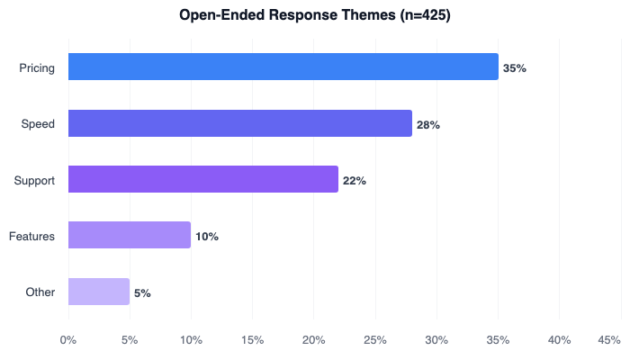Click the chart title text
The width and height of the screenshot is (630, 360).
pyautogui.click(x=314, y=15)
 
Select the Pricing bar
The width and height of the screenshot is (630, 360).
pyautogui.click(x=283, y=67)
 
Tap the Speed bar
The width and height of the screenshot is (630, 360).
pyautogui.click(x=239, y=123)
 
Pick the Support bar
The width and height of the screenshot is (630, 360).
pyautogui.click(x=202, y=179)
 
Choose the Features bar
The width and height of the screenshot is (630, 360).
pyautogui.click(x=129, y=236)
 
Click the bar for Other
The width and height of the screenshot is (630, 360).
pyautogui.click(x=98, y=292)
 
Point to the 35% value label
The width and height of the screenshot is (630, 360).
pyautogui.click(x=515, y=68)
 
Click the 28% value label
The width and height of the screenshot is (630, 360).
pyautogui.click(x=428, y=124)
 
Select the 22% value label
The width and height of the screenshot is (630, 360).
pyautogui.click(x=355, y=181)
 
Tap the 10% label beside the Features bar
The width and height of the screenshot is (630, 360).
pyautogui.click(x=207, y=237)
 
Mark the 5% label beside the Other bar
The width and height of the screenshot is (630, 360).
pyautogui.click(x=142, y=293)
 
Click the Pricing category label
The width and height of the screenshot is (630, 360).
pyautogui.click(x=37, y=67)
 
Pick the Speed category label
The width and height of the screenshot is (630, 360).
pyautogui.click(x=39, y=124)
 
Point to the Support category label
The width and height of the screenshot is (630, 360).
pyautogui.click(x=34, y=181)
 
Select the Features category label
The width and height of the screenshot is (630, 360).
pyautogui.click(x=32, y=237)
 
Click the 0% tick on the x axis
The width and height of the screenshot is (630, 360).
pyautogui.click(x=67, y=340)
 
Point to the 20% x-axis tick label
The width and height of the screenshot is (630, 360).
pyautogui.click(x=313, y=340)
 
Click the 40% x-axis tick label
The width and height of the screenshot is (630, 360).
pyautogui.click(x=560, y=340)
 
